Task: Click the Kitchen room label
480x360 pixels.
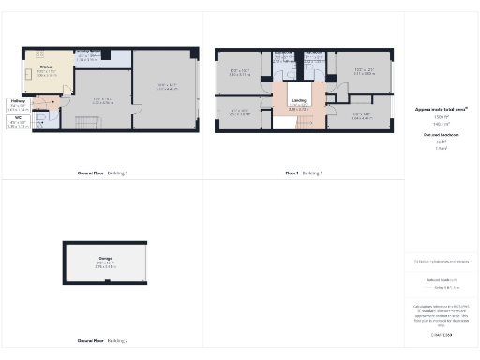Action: pyautogui.click(x=46, y=69)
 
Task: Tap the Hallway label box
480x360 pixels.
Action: pyautogui.click(x=17, y=102)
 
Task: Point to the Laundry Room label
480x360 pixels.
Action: pyautogui.click(x=88, y=55)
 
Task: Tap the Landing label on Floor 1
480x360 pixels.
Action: pyautogui.click(x=298, y=102)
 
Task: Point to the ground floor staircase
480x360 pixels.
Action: pyautogui.click(x=85, y=125)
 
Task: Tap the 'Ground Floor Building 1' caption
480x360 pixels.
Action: pyautogui.click(x=102, y=173)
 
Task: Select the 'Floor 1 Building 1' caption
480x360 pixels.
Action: pyautogui.click(x=305, y=173)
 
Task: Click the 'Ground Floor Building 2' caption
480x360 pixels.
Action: pyautogui.click(x=102, y=341)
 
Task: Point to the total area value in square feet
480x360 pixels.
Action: pyautogui.click(x=441, y=117)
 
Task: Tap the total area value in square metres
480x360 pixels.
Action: pyautogui.click(x=441, y=124)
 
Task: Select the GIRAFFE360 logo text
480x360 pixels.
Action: pyautogui.click(x=440, y=334)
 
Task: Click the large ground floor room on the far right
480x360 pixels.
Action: pyautogui.click(x=166, y=89)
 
